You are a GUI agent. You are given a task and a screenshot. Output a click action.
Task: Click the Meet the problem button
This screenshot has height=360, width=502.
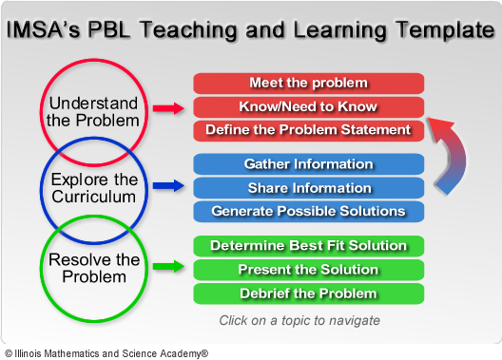[x=309, y=84]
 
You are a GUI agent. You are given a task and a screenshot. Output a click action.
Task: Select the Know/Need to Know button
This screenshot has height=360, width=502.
[x=309, y=106]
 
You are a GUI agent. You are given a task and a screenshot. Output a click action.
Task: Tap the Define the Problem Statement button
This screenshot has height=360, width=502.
[x=309, y=130]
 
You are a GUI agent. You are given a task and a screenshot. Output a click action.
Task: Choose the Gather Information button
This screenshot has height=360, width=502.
[x=309, y=164]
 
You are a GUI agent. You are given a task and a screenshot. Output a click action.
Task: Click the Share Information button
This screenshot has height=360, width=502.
[x=309, y=188]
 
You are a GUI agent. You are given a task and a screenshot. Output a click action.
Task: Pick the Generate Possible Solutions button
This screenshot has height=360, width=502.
[x=309, y=211]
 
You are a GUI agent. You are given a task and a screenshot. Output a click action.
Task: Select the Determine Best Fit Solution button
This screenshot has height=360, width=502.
[x=309, y=246]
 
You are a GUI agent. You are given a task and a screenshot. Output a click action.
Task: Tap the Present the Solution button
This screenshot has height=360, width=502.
[x=309, y=270]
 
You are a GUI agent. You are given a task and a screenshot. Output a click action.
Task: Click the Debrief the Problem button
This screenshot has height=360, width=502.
[x=309, y=294]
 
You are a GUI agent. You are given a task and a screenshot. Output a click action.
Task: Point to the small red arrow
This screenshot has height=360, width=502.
[x=168, y=108]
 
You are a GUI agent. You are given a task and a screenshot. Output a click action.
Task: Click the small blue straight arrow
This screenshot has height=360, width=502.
[x=168, y=185]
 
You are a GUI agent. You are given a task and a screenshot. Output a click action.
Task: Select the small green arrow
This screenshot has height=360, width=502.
[x=168, y=266]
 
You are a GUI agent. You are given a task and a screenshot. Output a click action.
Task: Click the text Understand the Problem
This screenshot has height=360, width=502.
[x=93, y=112]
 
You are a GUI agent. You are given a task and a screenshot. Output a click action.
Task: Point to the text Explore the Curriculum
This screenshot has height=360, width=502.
[x=94, y=188]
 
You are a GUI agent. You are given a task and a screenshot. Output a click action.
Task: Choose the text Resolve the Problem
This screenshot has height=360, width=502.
[x=94, y=268]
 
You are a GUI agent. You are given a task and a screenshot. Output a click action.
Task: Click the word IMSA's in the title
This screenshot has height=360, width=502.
[x=43, y=29]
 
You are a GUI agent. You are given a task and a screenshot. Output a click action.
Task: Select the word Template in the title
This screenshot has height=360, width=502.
[x=445, y=30]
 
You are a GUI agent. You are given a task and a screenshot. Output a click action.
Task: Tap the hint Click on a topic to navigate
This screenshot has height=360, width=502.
[x=299, y=320]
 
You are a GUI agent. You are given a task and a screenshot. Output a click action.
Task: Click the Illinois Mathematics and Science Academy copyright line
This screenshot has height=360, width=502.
[x=106, y=353]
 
